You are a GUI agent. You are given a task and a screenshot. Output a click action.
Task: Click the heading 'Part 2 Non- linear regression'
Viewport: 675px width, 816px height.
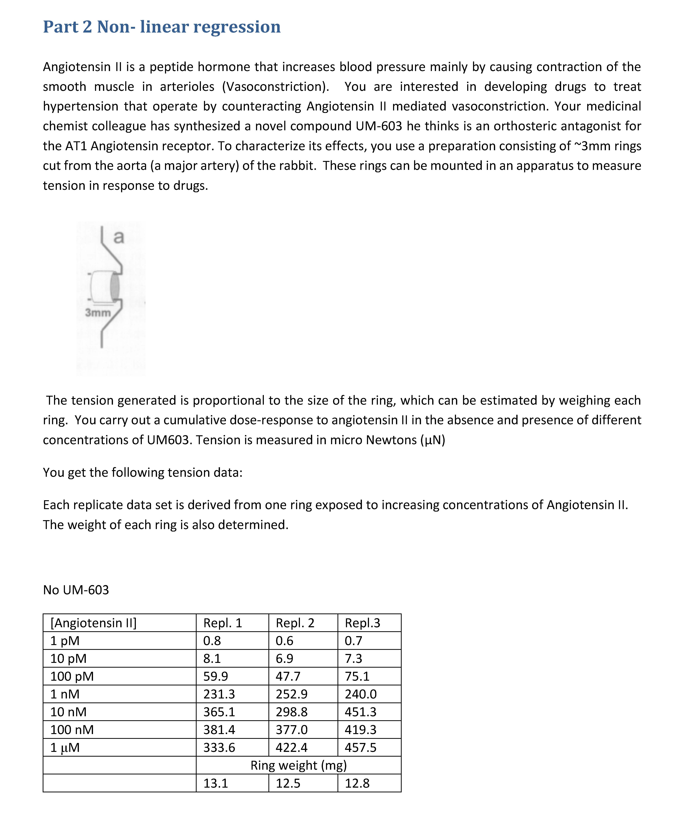[x=162, y=27]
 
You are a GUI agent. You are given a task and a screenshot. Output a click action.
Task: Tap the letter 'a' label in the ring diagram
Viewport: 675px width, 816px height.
[x=118, y=237]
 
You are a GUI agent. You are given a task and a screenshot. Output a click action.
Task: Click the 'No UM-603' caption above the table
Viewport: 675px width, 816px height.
[x=76, y=590]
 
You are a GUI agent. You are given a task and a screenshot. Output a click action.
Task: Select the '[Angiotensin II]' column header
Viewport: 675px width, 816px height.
[x=93, y=623]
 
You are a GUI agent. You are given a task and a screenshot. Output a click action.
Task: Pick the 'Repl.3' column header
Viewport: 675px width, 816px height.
[x=362, y=623]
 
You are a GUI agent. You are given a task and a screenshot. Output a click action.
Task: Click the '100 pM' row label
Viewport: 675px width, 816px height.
[x=72, y=677]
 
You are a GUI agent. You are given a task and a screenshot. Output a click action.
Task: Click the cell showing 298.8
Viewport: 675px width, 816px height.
[x=291, y=712]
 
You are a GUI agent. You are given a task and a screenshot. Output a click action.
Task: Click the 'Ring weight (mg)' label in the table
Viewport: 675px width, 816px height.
[x=299, y=765]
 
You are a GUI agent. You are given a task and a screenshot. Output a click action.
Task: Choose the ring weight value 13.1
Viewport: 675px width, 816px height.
[x=216, y=783]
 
